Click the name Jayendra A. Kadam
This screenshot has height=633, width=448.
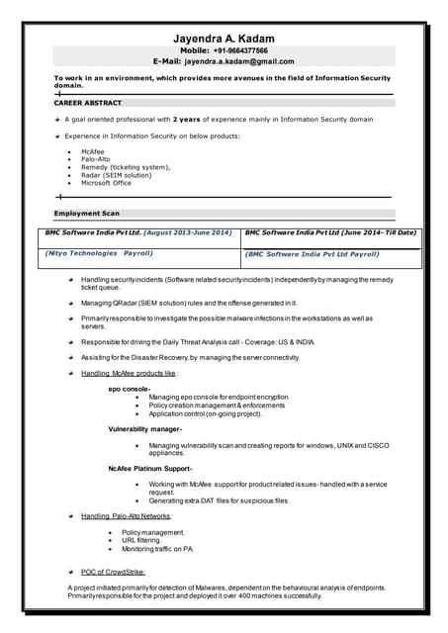click(224, 39)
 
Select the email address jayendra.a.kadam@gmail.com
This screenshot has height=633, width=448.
click(238, 61)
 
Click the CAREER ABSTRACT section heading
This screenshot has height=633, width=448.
click(89, 103)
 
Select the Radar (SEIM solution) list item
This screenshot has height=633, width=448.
click(117, 175)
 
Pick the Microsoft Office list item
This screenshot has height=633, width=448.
click(106, 183)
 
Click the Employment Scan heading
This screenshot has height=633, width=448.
click(87, 213)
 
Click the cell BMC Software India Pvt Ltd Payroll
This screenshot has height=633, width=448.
click(312, 254)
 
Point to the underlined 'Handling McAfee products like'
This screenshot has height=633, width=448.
click(128, 374)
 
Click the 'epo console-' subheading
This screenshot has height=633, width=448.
click(129, 390)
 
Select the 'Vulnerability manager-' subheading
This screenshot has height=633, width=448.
click(145, 428)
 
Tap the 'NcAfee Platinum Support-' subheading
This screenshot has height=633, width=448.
click(149, 468)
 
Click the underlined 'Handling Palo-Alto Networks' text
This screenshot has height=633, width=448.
click(126, 516)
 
